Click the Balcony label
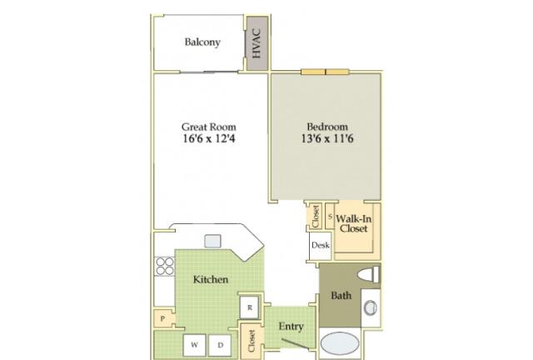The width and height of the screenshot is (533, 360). point(202,42)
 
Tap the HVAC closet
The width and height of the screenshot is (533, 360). point(257,43)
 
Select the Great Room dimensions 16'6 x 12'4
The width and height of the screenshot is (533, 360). point(209,138)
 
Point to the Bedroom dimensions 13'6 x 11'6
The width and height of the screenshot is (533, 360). point(327,138)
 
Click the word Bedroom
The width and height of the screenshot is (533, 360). point(327,127)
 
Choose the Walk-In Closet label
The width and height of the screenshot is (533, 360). point(353,223)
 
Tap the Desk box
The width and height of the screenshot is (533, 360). point(320,245)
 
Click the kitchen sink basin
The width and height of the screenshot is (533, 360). point(213,241)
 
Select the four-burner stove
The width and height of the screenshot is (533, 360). point(165,266)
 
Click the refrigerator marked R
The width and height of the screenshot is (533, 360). point(250,307)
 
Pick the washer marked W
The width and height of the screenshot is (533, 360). point(194,345)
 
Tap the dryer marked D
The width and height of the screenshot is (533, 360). point(220,345)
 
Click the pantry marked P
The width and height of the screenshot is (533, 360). point(163,319)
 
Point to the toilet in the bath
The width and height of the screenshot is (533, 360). point(368,275)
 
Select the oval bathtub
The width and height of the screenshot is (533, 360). point(340,343)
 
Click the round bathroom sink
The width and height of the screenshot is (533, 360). point(370,307)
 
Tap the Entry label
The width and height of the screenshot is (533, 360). point(291,327)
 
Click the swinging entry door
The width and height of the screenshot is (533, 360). point(295,343)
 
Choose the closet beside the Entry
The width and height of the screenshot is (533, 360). point(252,342)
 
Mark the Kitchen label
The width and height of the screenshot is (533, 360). point(211,279)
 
